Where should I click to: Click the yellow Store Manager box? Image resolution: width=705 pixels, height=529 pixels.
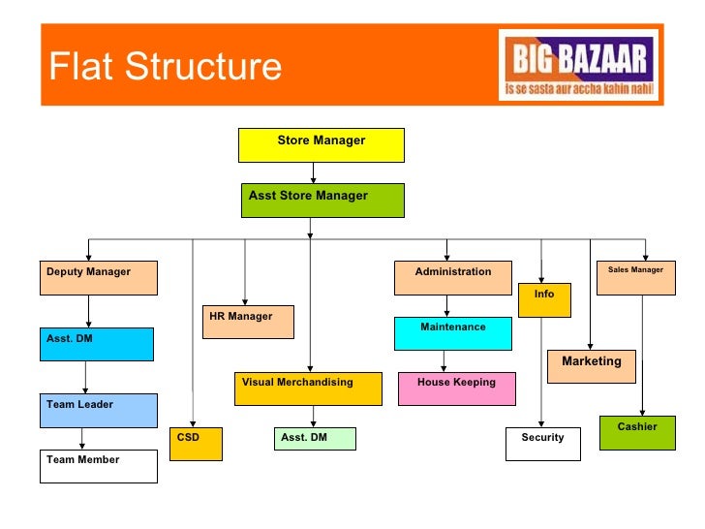pyautogui.click(x=321, y=145)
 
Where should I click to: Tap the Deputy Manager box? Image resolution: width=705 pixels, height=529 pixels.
pyautogui.click(x=98, y=278)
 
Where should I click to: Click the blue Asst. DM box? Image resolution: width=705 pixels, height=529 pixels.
pyautogui.click(x=97, y=344)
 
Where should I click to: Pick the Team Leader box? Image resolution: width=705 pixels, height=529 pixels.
pyautogui.click(x=98, y=411)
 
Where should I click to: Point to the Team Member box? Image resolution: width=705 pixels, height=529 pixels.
pyautogui.click(x=98, y=466)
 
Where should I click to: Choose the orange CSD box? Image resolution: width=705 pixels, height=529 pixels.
pyautogui.click(x=196, y=444)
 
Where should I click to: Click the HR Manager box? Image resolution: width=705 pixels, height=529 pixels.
pyautogui.click(x=248, y=323)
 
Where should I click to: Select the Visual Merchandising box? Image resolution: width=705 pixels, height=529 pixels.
pyautogui.click(x=310, y=389)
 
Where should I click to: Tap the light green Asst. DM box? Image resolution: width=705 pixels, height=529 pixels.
pyautogui.click(x=315, y=439)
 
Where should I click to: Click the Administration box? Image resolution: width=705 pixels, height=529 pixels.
pyautogui.click(x=452, y=278)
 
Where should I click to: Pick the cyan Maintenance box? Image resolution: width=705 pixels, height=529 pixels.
pyautogui.click(x=452, y=333)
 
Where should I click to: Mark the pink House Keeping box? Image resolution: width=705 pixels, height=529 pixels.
pyautogui.click(x=456, y=389)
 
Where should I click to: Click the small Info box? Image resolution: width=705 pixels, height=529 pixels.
pyautogui.click(x=545, y=300)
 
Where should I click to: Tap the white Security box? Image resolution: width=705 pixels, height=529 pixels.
pyautogui.click(x=542, y=444)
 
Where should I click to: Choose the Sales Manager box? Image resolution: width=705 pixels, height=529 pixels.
pyautogui.click(x=636, y=278)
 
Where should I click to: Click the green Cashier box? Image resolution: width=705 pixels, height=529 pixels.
pyautogui.click(x=636, y=433)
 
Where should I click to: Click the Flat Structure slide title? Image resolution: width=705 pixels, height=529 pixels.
pyautogui.click(x=166, y=67)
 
